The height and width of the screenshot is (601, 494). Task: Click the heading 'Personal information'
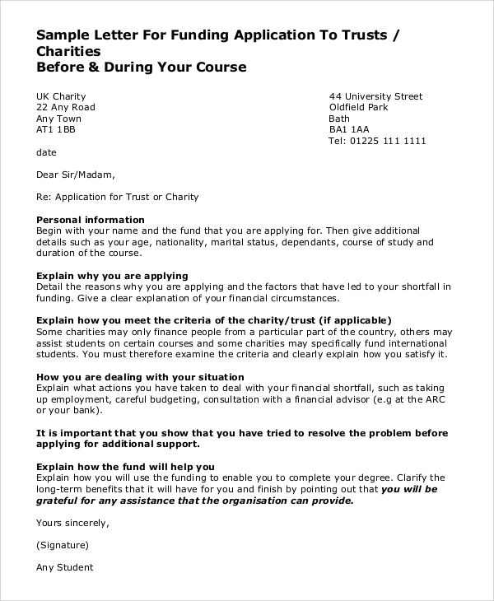[x=91, y=220]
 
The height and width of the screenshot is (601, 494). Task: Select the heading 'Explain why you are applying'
[x=113, y=275]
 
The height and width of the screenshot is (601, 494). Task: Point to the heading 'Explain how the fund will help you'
[x=126, y=466]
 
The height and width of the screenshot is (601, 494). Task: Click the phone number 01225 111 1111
[x=389, y=141]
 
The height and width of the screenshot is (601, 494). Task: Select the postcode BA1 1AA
[x=349, y=129]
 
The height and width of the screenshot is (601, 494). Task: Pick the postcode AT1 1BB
[x=56, y=129]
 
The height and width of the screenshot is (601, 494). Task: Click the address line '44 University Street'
[x=375, y=96]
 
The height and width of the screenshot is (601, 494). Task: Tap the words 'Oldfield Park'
[x=358, y=107]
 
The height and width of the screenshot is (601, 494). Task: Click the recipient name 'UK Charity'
[x=61, y=96]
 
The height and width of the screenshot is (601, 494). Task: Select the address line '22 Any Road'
[x=66, y=107]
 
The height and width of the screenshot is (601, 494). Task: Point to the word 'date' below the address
[x=46, y=152]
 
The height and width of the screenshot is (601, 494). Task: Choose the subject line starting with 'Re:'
[x=118, y=197]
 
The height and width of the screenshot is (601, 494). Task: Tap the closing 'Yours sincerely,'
[x=73, y=522]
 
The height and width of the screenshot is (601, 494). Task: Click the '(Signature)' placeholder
[x=63, y=544]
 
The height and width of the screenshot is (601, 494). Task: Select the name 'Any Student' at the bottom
[x=65, y=567]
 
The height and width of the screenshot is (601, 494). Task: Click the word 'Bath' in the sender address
[x=339, y=119]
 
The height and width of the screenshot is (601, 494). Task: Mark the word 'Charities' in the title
[x=75, y=51]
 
